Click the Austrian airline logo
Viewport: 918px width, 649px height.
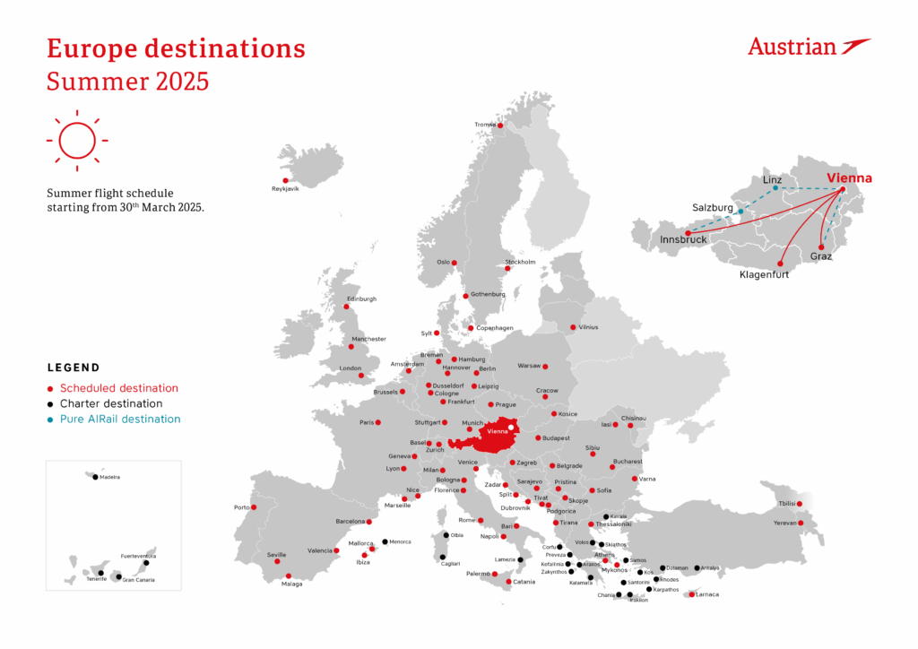(809, 47)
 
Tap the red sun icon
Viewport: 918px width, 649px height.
(76, 141)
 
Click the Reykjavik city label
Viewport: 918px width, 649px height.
(285, 189)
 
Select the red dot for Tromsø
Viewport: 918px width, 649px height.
(500, 125)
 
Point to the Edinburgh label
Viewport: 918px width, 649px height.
(361, 299)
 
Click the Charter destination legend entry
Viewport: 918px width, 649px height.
(112, 403)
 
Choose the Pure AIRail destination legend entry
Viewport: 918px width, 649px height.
(119, 419)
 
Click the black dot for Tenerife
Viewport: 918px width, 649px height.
(101, 573)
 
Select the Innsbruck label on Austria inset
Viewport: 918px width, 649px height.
(684, 239)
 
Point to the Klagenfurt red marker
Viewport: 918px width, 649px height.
(780, 264)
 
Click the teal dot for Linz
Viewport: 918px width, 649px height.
(775, 188)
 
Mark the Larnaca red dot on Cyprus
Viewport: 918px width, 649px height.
(691, 593)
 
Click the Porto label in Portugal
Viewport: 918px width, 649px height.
(242, 507)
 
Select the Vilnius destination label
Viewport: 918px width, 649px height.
(587, 327)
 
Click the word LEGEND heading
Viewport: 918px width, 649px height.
(74, 368)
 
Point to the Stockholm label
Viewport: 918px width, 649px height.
(520, 262)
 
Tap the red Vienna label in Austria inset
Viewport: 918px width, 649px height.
(849, 178)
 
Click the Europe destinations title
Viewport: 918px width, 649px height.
(176, 48)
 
